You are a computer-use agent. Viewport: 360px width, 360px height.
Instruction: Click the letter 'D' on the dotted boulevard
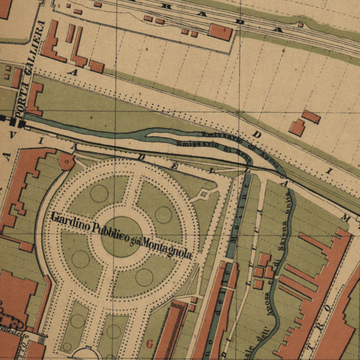[258, 135]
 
